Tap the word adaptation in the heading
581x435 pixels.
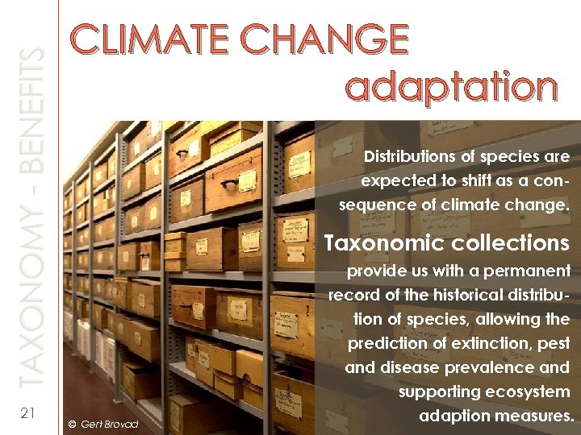451,86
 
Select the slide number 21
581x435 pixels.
27,413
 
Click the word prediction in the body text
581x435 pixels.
386,344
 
